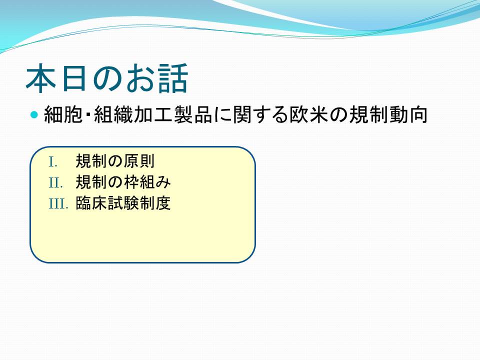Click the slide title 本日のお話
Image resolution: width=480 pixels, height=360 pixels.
(106, 78)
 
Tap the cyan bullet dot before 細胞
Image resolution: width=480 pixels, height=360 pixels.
(34, 115)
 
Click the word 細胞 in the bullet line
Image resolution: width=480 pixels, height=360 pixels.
(63, 115)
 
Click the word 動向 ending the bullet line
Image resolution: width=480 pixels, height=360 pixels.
(408, 115)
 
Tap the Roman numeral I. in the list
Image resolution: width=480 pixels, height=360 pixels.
(53, 162)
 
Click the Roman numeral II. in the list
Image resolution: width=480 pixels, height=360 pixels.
(55, 183)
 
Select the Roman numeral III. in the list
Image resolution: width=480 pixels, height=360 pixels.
(58, 203)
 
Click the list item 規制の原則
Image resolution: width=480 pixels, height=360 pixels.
(115, 161)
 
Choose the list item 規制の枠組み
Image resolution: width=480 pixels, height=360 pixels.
(123, 182)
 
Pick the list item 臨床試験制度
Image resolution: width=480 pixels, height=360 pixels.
(123, 203)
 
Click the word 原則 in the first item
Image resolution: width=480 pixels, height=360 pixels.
(138, 161)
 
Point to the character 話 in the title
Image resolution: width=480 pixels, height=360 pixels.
(172, 78)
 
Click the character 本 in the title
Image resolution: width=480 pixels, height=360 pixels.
(41, 78)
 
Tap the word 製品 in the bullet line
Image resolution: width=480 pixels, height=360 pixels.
(193, 115)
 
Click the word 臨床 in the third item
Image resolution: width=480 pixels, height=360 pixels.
(91, 203)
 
